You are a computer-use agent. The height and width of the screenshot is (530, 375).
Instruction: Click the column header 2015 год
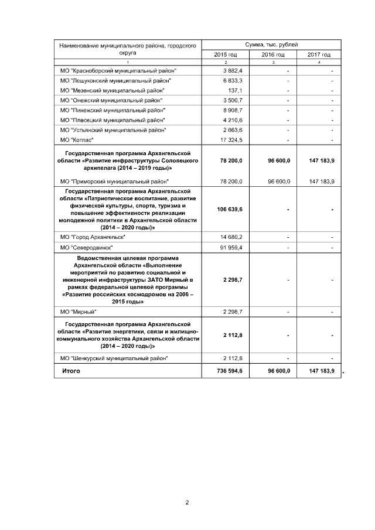pyautogui.click(x=226, y=54)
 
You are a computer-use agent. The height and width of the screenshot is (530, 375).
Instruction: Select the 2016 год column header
pyautogui.click(x=273, y=54)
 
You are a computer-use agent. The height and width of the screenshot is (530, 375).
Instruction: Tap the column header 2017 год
pyautogui.click(x=319, y=54)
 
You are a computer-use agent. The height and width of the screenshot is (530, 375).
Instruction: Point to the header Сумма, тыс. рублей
pyautogui.click(x=271, y=45)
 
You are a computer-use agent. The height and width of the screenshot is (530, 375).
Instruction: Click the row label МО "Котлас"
pyautogui.click(x=77, y=140)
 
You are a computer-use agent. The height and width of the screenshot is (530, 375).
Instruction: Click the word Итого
pyautogui.click(x=71, y=371)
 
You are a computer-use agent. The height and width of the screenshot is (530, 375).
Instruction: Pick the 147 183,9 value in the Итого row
pyautogui.click(x=321, y=371)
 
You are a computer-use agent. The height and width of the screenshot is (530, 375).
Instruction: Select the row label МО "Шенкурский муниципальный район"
pyautogui.click(x=114, y=357)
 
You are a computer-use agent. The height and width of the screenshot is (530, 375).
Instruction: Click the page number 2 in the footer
pyautogui.click(x=187, y=502)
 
